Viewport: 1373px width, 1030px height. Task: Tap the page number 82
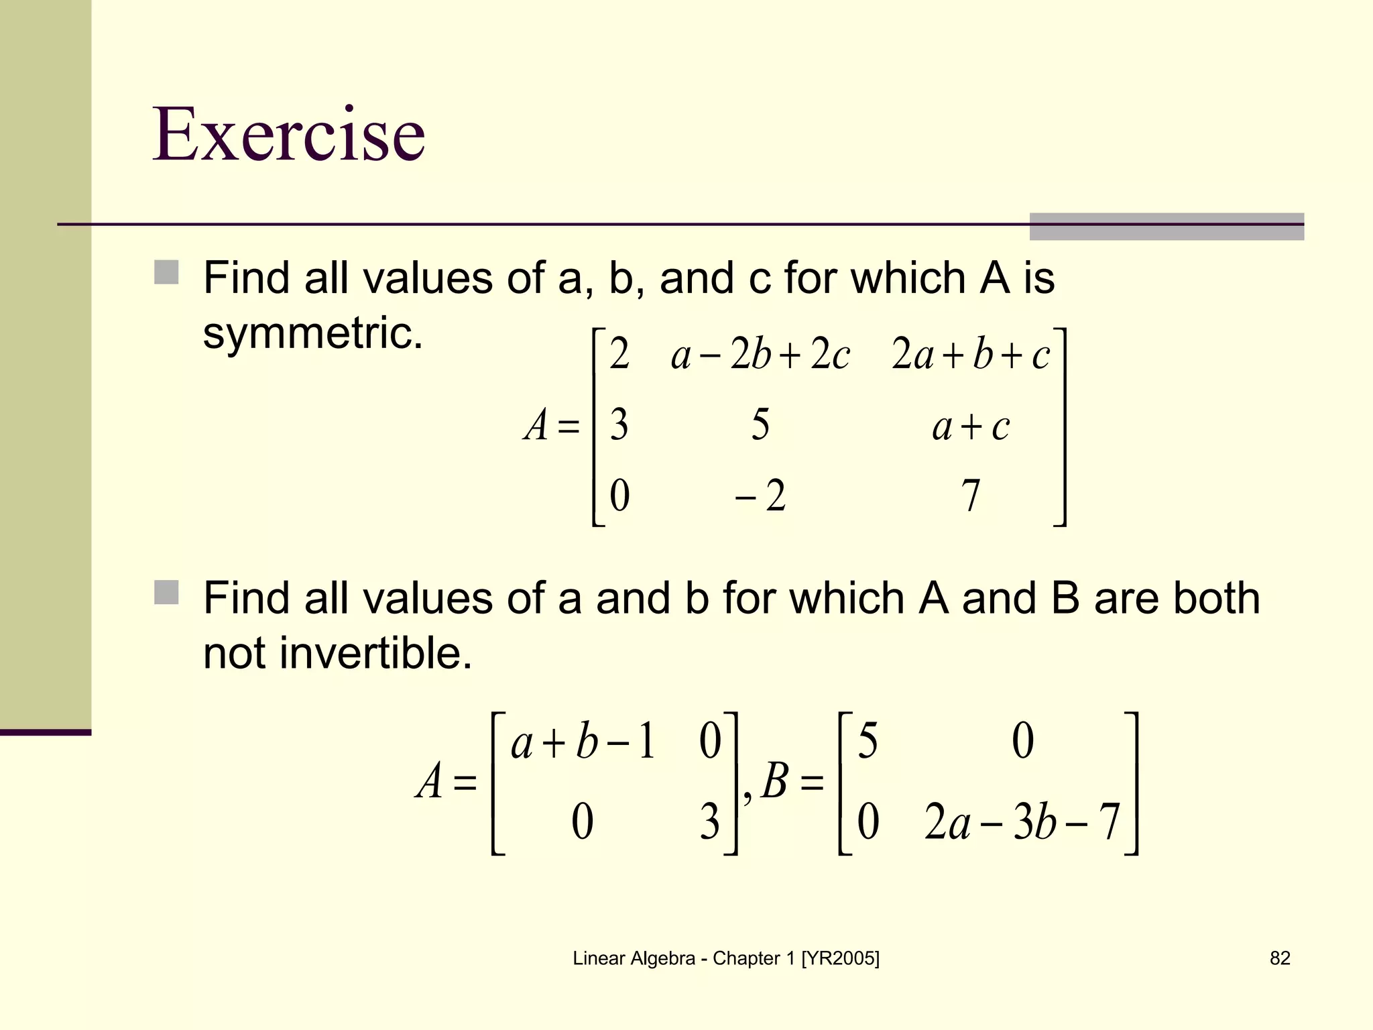point(1280,958)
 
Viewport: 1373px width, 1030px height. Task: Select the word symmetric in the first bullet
point(312,333)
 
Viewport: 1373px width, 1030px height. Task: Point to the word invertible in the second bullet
point(375,653)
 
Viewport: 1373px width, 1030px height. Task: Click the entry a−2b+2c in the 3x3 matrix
point(760,355)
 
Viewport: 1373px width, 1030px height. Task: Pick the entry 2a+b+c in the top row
point(970,355)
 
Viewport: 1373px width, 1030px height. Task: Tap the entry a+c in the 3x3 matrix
point(970,426)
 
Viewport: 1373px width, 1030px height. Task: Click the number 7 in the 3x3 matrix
point(970,496)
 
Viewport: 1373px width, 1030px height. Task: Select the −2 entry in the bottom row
point(760,496)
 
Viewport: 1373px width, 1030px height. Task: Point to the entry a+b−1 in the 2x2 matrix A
point(583,743)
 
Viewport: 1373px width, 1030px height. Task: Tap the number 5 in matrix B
point(868,742)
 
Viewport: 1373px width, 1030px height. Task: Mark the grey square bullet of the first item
point(166,273)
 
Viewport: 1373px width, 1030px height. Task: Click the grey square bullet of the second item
point(166,593)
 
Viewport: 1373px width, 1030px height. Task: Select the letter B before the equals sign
point(775,781)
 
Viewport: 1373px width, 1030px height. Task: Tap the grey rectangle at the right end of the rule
point(1167,227)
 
